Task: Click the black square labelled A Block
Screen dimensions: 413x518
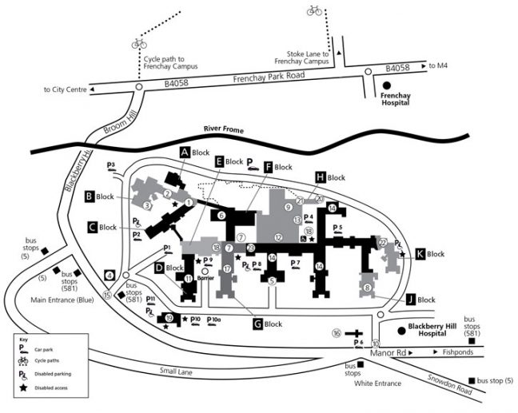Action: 183,151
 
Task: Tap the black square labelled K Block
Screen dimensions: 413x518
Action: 420,254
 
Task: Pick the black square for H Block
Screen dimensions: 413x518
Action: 321,177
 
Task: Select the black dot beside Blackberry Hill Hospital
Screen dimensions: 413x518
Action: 401,330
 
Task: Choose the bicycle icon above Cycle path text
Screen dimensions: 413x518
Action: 139,44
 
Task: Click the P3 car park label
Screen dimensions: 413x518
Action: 112,166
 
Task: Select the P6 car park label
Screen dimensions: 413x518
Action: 358,342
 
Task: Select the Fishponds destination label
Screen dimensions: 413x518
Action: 460,351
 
